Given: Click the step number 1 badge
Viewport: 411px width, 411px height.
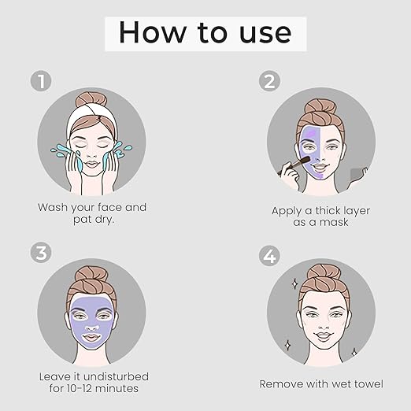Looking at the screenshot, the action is point(41,81).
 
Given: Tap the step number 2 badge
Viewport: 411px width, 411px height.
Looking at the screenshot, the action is point(269,81).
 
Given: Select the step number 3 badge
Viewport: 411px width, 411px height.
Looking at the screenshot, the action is point(41,252).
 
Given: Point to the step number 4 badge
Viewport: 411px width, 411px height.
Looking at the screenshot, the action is point(269,256).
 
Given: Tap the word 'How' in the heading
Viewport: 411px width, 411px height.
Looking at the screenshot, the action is point(152,32).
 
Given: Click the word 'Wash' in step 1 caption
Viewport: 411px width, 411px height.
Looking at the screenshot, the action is point(53,207).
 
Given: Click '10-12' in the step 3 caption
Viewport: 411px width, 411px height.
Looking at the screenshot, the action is point(80,388).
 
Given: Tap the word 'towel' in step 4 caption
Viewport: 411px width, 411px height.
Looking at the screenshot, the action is point(368,384).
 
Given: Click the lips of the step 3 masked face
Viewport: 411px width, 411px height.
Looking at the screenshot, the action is point(91,337).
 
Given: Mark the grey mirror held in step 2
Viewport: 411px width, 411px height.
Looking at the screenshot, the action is point(356,175).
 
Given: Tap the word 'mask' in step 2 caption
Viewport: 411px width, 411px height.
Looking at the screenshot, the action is point(334,222).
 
